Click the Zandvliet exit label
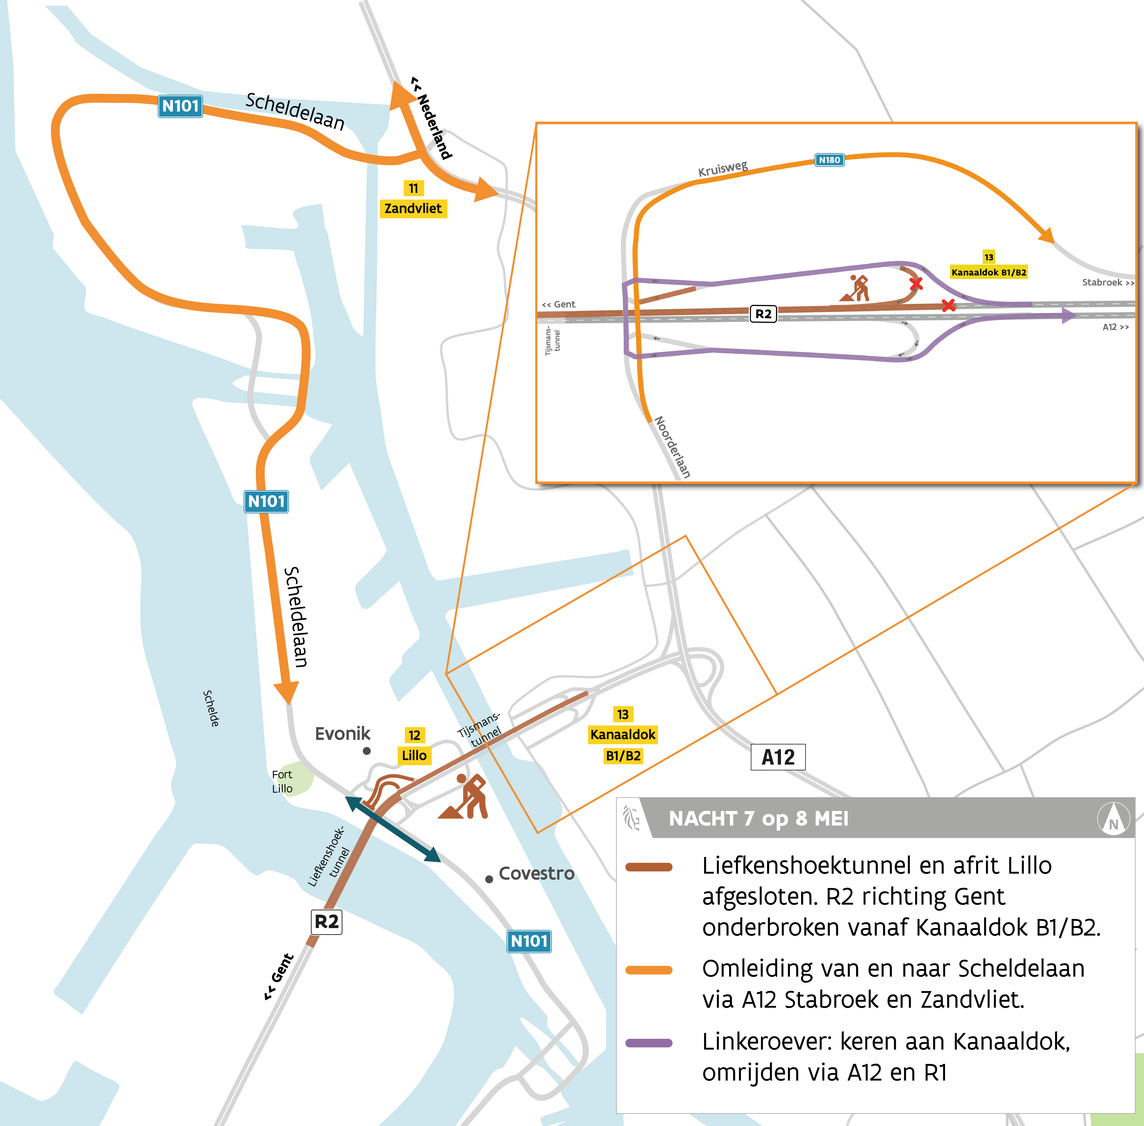413,208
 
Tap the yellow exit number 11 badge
413,188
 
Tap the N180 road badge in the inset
829,160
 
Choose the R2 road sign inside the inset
764,313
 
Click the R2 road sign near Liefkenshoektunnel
326,921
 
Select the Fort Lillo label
282,781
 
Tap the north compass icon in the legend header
1113,819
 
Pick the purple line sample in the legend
649,1043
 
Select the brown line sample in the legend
649,867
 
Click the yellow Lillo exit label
414,755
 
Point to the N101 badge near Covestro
529,941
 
